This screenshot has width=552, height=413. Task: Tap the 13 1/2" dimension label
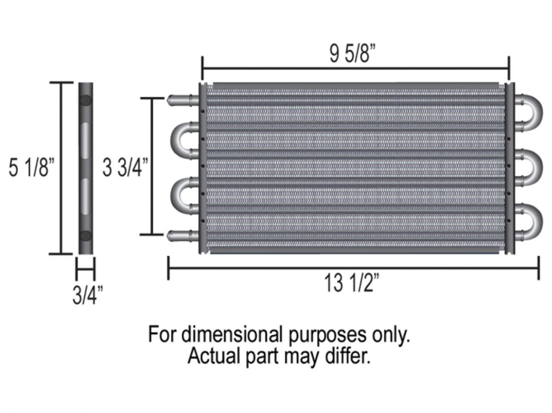tap(351, 283)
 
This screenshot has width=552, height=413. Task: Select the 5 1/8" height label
tap(31, 167)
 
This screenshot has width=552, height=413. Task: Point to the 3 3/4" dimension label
tap(125, 167)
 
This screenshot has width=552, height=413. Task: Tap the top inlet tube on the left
tap(183, 100)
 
